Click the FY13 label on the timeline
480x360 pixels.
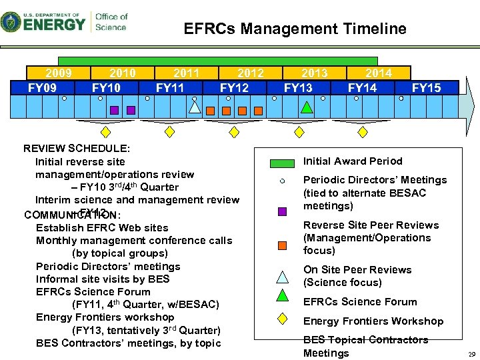click(297, 87)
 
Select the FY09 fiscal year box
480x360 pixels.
click(42, 87)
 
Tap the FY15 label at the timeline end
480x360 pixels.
click(426, 87)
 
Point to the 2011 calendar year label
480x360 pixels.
click(186, 73)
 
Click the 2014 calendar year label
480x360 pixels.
click(378, 73)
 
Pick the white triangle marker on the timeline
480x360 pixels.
click(195, 107)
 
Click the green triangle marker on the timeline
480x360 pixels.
click(306, 106)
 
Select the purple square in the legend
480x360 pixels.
click(283, 211)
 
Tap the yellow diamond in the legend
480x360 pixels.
click(283, 319)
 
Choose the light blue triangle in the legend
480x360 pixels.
click(283, 276)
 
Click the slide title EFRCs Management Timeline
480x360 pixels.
click(295, 29)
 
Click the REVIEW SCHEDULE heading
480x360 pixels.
click(77, 148)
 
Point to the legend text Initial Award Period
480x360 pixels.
click(353, 161)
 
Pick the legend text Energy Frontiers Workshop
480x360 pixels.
click(373, 321)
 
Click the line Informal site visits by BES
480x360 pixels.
click(103, 279)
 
